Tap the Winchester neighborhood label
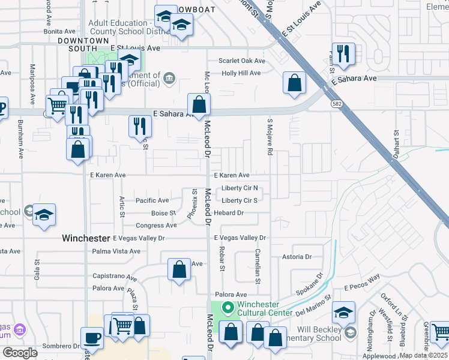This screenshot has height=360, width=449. tap(86, 238)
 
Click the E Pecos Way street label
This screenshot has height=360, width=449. tap(362, 279)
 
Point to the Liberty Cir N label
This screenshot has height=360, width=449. tap(239, 188)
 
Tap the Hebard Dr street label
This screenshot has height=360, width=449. tap(228, 213)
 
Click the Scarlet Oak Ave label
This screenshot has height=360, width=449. tap(242, 61)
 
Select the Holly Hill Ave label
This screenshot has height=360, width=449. tap(241, 73)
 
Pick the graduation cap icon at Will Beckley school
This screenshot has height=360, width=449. tap(343, 313)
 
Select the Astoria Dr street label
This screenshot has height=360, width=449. tap(297, 257)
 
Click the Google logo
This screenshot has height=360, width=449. tap(20, 353)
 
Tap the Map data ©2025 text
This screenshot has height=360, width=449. tap(424, 355)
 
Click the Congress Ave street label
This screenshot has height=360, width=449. tap(156, 226)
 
